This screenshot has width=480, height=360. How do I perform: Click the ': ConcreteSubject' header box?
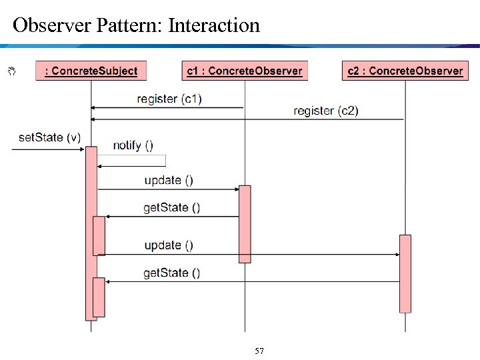click(91, 71)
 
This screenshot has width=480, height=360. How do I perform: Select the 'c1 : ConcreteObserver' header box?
click(245, 71)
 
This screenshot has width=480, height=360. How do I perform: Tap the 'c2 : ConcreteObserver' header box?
click(405, 71)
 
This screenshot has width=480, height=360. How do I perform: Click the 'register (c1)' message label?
click(169, 99)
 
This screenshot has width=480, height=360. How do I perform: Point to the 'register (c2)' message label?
click(325, 111)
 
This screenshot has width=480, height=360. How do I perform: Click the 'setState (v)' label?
click(49, 137)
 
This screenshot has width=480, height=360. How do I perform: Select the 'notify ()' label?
click(133, 145)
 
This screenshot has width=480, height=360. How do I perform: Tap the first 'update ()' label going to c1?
click(169, 180)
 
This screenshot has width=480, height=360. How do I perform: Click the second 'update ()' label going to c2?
click(169, 245)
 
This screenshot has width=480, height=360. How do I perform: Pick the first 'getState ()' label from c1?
click(171, 207)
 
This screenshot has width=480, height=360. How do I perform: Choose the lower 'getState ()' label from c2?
click(171, 273)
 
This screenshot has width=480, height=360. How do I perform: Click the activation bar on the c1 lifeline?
click(245, 224)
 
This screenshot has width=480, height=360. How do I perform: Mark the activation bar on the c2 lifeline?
click(405, 273)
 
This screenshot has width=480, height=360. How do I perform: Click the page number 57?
click(259, 351)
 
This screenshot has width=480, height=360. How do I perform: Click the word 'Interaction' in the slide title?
click(214, 25)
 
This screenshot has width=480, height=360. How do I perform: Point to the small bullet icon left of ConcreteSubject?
click(11, 69)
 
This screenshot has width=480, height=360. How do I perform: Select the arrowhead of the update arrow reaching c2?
click(396, 254)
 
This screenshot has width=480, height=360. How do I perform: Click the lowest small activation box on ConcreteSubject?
click(99, 297)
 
